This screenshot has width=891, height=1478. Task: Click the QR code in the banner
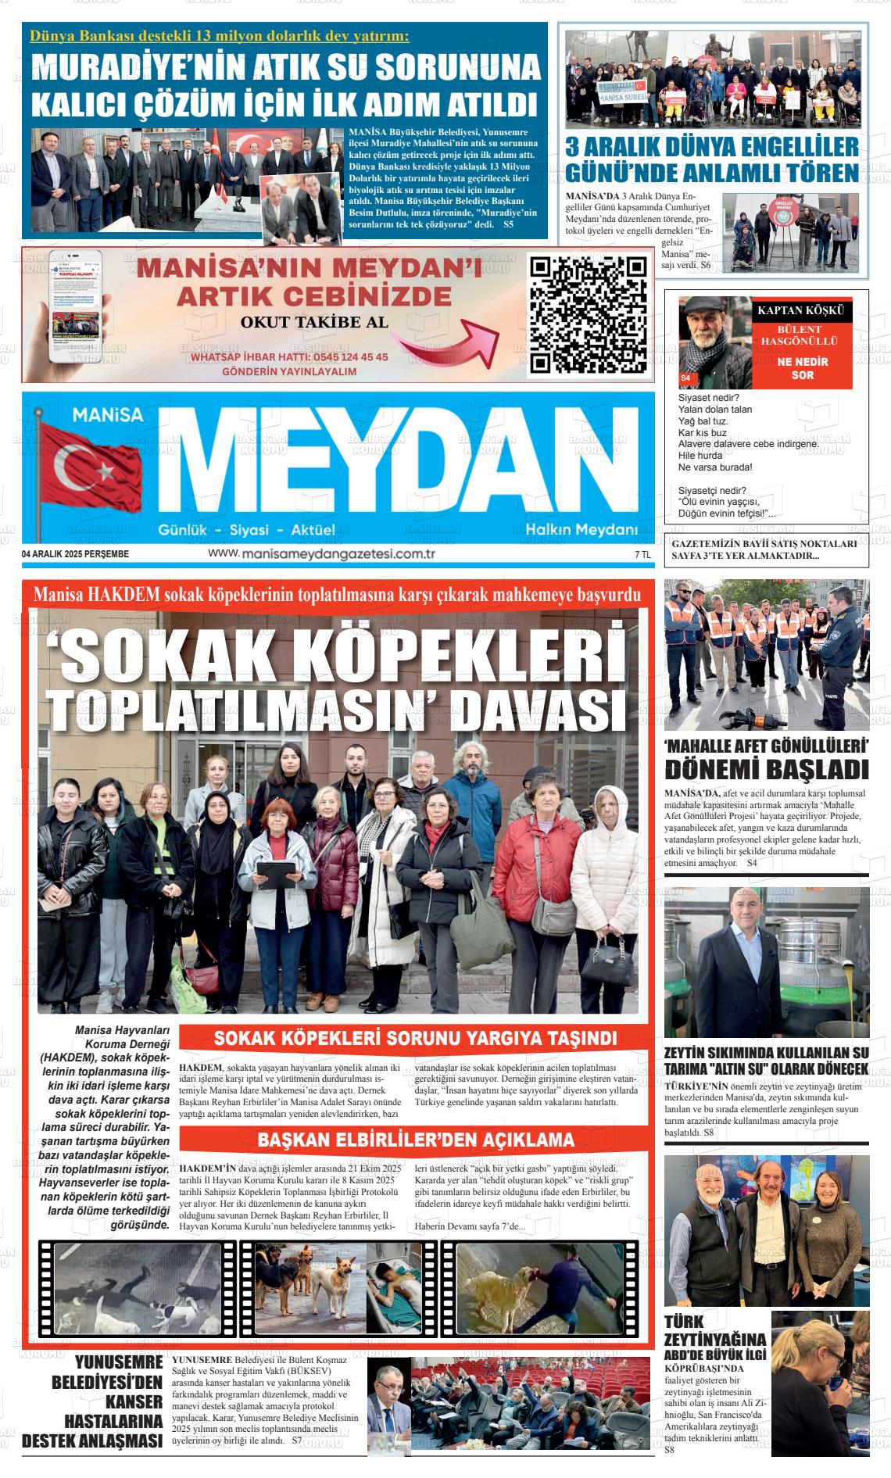point(589,315)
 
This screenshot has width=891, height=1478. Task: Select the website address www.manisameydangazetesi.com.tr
point(321,553)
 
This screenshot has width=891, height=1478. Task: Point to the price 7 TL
point(642,554)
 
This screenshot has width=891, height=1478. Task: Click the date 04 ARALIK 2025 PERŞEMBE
point(75,554)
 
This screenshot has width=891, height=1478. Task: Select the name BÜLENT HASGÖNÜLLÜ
point(799,335)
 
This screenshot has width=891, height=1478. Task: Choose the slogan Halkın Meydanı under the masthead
point(581,530)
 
